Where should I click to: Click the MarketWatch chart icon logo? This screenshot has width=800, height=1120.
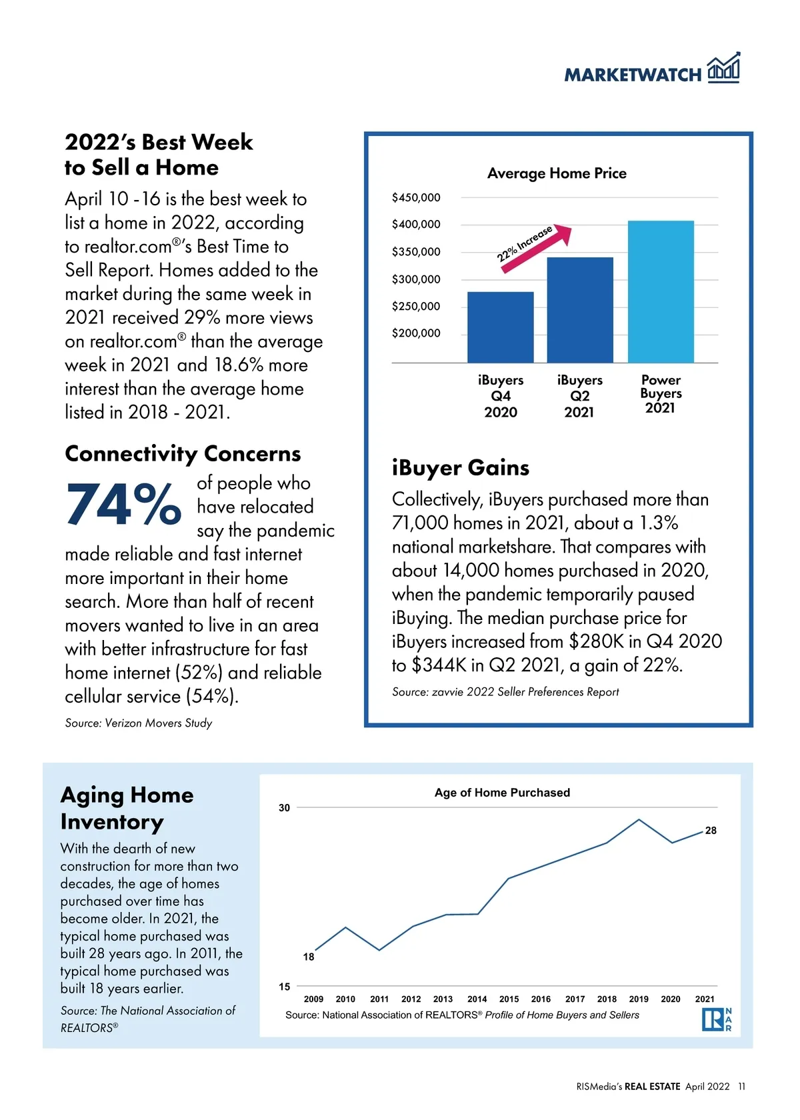coord(723,68)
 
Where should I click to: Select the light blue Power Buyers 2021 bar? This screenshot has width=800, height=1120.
coord(661,291)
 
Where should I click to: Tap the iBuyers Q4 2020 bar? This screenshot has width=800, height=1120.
coord(500,327)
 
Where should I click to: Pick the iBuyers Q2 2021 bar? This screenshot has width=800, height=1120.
coord(580,310)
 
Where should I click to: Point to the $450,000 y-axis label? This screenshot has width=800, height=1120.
coord(416,197)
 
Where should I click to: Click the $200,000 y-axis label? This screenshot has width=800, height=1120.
coord(416,333)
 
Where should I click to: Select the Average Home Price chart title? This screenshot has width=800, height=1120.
coord(557,173)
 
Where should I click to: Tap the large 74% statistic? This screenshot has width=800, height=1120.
coord(123,505)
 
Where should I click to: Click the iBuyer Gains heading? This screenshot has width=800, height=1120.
coord(460,467)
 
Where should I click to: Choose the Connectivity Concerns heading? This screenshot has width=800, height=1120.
coord(183,453)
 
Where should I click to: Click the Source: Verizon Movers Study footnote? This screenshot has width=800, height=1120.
coord(139,723)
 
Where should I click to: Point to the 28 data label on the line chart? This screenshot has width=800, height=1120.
coord(711,831)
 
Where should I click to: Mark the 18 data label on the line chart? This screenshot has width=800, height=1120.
coord(309,957)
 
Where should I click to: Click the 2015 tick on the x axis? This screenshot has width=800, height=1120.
coord(509,999)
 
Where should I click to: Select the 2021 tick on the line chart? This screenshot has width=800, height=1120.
coord(704,999)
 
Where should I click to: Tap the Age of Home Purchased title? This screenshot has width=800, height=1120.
coord(502,793)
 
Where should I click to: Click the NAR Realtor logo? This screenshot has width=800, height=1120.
coord(717,1019)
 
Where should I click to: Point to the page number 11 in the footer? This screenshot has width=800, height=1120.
coord(741,1087)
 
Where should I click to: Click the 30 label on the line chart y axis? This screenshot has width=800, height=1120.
coord(285,808)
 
